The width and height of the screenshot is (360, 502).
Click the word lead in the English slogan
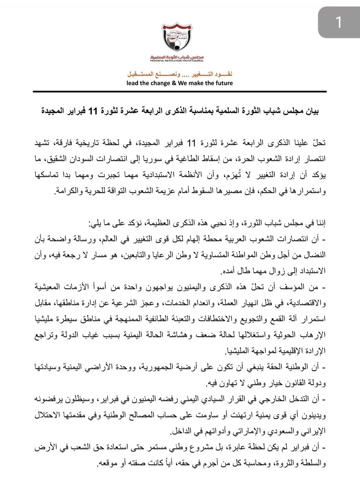coord(134,83)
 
